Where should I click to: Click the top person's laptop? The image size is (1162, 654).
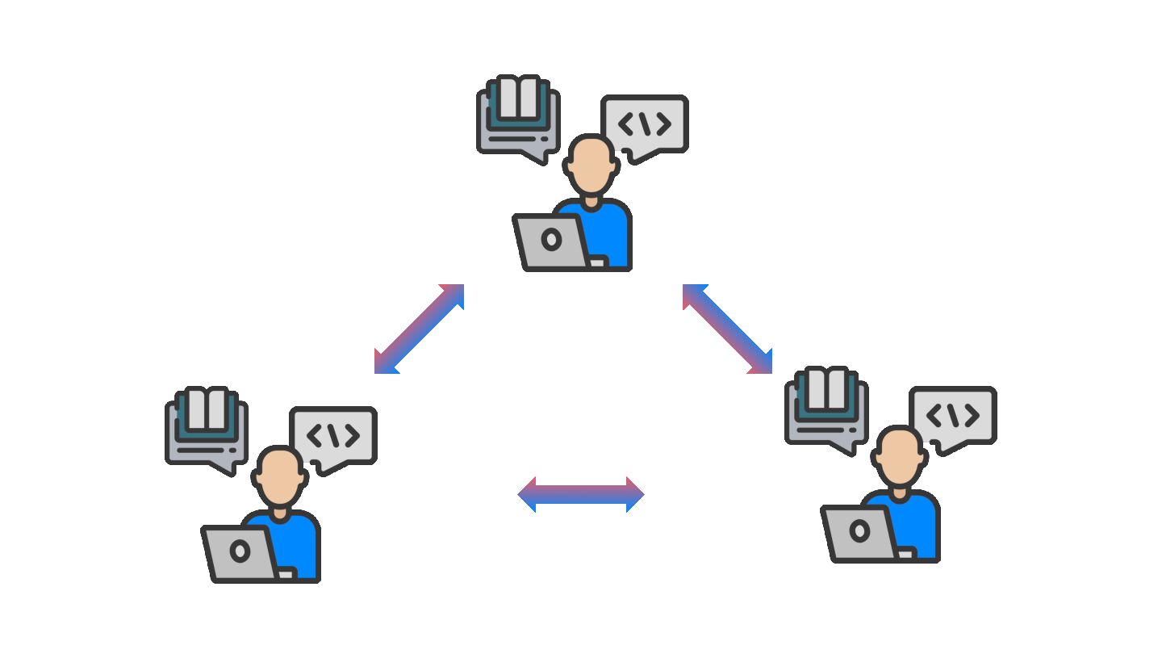click(552, 241)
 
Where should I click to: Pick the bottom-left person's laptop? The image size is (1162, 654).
click(240, 552)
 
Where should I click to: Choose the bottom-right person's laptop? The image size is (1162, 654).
click(859, 532)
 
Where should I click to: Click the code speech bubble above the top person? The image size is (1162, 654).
click(645, 124)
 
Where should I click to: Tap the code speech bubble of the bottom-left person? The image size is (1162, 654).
click(333, 436)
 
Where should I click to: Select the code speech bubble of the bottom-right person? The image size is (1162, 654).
click(953, 416)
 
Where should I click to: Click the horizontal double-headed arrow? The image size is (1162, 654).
click(581, 494)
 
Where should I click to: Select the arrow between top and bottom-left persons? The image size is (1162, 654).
click(419, 329)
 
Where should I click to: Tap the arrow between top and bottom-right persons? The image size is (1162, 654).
click(728, 329)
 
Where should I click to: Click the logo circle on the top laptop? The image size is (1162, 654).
click(552, 240)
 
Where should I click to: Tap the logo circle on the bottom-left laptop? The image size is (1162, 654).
click(240, 551)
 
